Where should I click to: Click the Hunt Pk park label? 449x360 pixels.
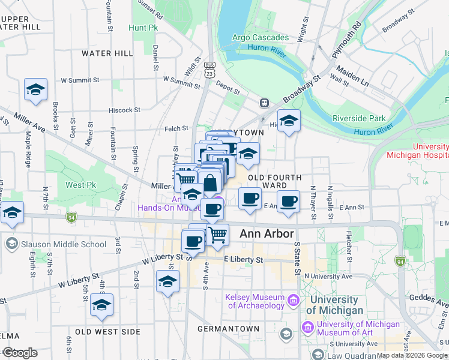coord(142,28)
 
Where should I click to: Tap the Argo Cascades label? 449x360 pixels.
coord(261,38)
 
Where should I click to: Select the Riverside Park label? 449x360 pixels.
coord(358,118)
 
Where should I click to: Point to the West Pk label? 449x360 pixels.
coord(78,185)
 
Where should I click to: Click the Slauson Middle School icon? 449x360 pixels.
coord(11,244)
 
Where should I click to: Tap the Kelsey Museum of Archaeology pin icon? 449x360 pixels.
coord(292,299)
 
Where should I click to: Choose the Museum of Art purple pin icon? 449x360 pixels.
coord(308,328)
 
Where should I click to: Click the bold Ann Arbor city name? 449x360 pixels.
coord(267,234)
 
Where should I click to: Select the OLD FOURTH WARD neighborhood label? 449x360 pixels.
coord(275,182)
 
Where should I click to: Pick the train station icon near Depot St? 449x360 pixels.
coord(264,103)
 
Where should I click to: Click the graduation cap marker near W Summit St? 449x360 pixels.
coord(36,90)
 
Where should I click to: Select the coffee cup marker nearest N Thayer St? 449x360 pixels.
coord(289,202)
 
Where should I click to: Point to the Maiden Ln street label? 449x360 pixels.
coord(352,77)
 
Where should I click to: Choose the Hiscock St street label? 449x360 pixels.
coord(124,110)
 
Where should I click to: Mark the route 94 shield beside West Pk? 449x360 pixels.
coord(71,216)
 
